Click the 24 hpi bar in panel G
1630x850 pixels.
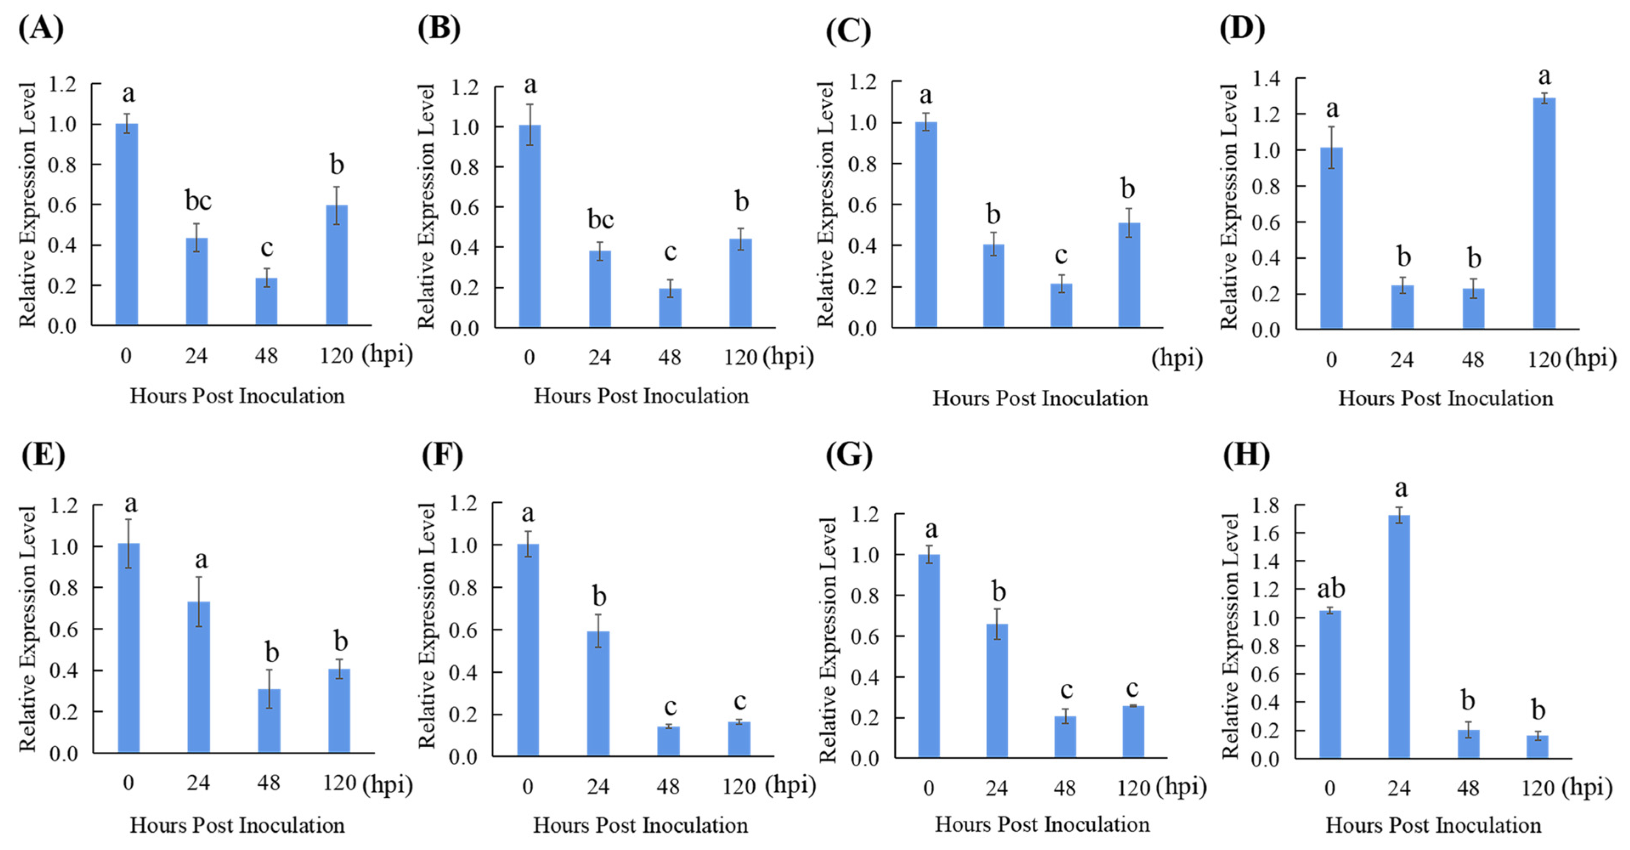tap(997, 691)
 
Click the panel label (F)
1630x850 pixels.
tap(442, 454)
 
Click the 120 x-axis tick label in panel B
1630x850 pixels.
tap(740, 357)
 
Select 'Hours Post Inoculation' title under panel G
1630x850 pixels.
tap(1042, 824)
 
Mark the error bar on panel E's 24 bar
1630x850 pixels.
tap(199, 601)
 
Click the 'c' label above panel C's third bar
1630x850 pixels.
tap(1060, 255)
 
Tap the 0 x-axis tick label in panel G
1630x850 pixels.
tap(928, 788)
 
